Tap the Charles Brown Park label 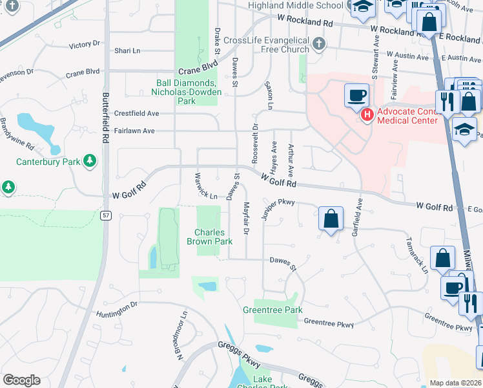click(209, 237)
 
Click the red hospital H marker click(367, 115)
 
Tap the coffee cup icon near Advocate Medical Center click(356, 96)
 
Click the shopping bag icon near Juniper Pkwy click(331, 219)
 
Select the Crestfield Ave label click(136, 113)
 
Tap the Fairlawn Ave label click(135, 131)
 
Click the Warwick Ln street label click(205, 185)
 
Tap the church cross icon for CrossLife click(318, 45)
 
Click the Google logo click(21, 380)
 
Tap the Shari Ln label click(127, 50)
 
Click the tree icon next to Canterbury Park click(90, 160)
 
